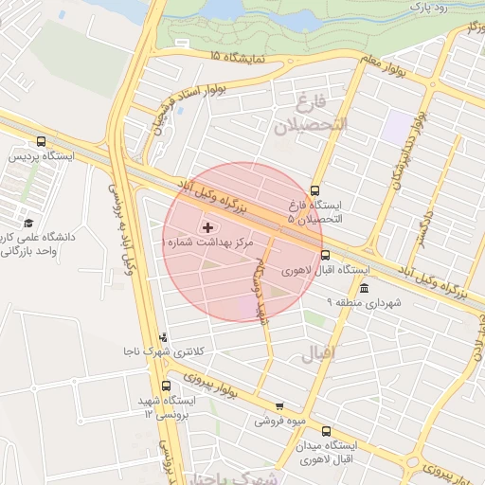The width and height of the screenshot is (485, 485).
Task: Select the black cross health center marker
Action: (207, 227)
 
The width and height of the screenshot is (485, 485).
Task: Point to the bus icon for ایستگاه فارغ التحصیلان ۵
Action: (315, 189)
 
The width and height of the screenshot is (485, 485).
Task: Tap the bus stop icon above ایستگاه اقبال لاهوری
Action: (326, 255)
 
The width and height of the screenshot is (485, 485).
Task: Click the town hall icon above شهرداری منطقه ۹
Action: (365, 288)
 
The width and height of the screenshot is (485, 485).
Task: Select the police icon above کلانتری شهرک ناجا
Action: (166, 336)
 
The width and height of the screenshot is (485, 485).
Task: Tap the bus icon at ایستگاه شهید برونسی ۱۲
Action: (167, 386)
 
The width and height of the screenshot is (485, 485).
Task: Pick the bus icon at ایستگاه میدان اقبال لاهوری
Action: (327, 430)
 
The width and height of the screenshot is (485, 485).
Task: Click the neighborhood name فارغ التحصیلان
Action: (310, 114)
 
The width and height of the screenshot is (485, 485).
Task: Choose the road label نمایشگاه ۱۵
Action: (246, 58)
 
